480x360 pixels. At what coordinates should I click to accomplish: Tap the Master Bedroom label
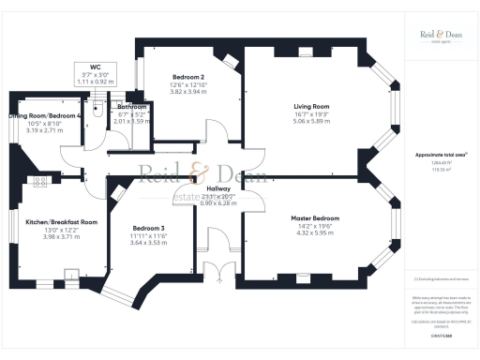pyautogui.click(x=300, y=217)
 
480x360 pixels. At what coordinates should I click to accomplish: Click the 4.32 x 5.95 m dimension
pyautogui.click(x=300, y=232)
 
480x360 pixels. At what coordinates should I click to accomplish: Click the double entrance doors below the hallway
pyautogui.click(x=217, y=271)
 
